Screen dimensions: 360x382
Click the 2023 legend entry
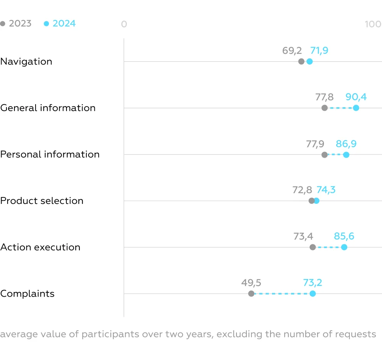[16, 24]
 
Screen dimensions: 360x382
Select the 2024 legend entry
[60, 24]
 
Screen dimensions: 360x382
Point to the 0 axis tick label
[124, 24]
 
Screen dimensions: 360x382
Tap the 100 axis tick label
[373, 24]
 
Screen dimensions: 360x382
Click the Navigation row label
[26, 61]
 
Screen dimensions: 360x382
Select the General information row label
[48, 108]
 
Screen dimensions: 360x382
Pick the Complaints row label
[27, 294]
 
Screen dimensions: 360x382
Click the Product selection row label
[42, 201]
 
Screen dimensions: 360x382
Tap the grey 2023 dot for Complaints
[251, 294]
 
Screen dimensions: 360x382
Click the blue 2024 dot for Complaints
[312, 294]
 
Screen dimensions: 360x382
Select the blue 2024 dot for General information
[356, 108]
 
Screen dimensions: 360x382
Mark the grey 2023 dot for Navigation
[301, 61]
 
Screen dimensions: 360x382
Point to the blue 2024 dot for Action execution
[344, 247]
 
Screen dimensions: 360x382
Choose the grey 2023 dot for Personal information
[324, 155]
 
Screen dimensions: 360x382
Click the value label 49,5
[251, 283]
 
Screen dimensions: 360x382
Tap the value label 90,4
[356, 97]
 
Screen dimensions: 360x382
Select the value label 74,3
[326, 190]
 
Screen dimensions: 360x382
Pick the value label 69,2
[292, 50]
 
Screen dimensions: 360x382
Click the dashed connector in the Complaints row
[282, 294]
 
